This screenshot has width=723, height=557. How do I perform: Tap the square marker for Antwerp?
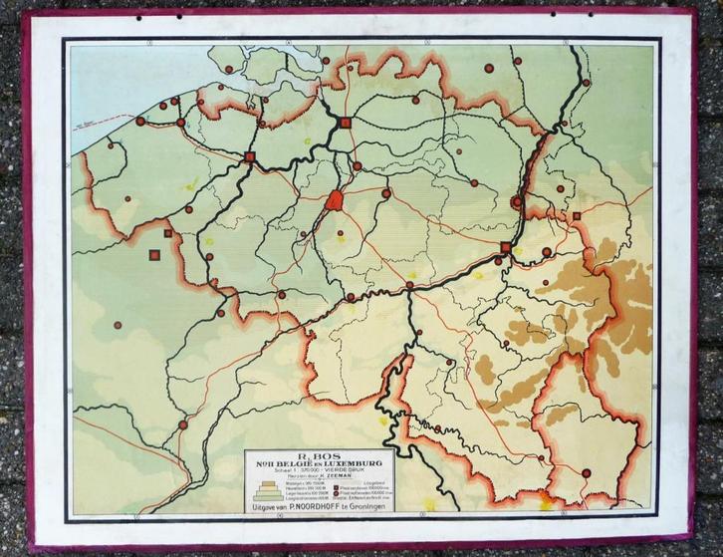coord(346,123)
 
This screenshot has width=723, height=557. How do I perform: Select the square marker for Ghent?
coord(250,156)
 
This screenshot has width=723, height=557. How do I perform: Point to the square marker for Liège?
coord(506,247)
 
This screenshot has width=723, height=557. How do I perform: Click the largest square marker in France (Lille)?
coord(155,255)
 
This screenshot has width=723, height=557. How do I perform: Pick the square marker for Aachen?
coord(577,215)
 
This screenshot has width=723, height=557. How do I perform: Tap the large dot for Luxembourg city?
coord(586,472)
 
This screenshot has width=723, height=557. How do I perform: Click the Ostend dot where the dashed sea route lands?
coord(140,122)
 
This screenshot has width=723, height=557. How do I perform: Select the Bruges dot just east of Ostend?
coord(180,123)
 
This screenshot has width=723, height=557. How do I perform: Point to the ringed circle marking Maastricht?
coord(516,202)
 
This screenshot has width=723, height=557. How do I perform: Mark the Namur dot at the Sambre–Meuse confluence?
coord(409,285)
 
